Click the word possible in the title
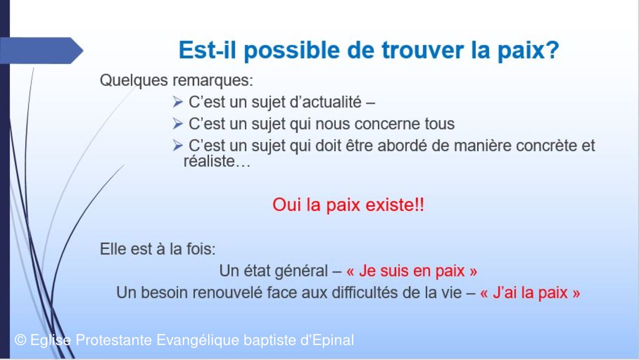292,51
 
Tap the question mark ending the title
553,49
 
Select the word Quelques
134,80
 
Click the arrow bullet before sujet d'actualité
177,102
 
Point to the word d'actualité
325,102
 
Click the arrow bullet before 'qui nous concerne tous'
177,124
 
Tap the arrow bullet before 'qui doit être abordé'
177,145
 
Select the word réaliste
209,161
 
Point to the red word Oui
287,205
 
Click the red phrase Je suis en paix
412,271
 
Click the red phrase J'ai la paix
530,293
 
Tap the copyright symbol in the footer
20,340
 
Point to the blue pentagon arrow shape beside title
41,50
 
